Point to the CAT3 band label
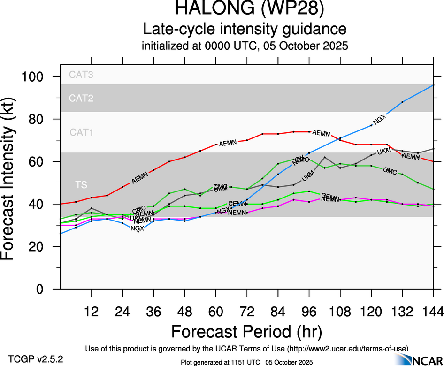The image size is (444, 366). pos(81,74)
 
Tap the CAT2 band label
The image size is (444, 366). pos(81,98)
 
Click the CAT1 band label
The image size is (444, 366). pos(81,132)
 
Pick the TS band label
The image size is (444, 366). pos(81,185)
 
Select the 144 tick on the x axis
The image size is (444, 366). pos(433,312)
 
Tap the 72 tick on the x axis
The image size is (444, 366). pos(246,312)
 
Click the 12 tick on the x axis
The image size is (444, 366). pos(92,312)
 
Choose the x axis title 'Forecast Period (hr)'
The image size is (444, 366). pos(246,332)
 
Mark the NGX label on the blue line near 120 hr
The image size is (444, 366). pos(379,119)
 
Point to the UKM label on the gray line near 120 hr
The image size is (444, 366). pos(384,151)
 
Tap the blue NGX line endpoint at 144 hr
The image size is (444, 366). pos(433,85)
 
